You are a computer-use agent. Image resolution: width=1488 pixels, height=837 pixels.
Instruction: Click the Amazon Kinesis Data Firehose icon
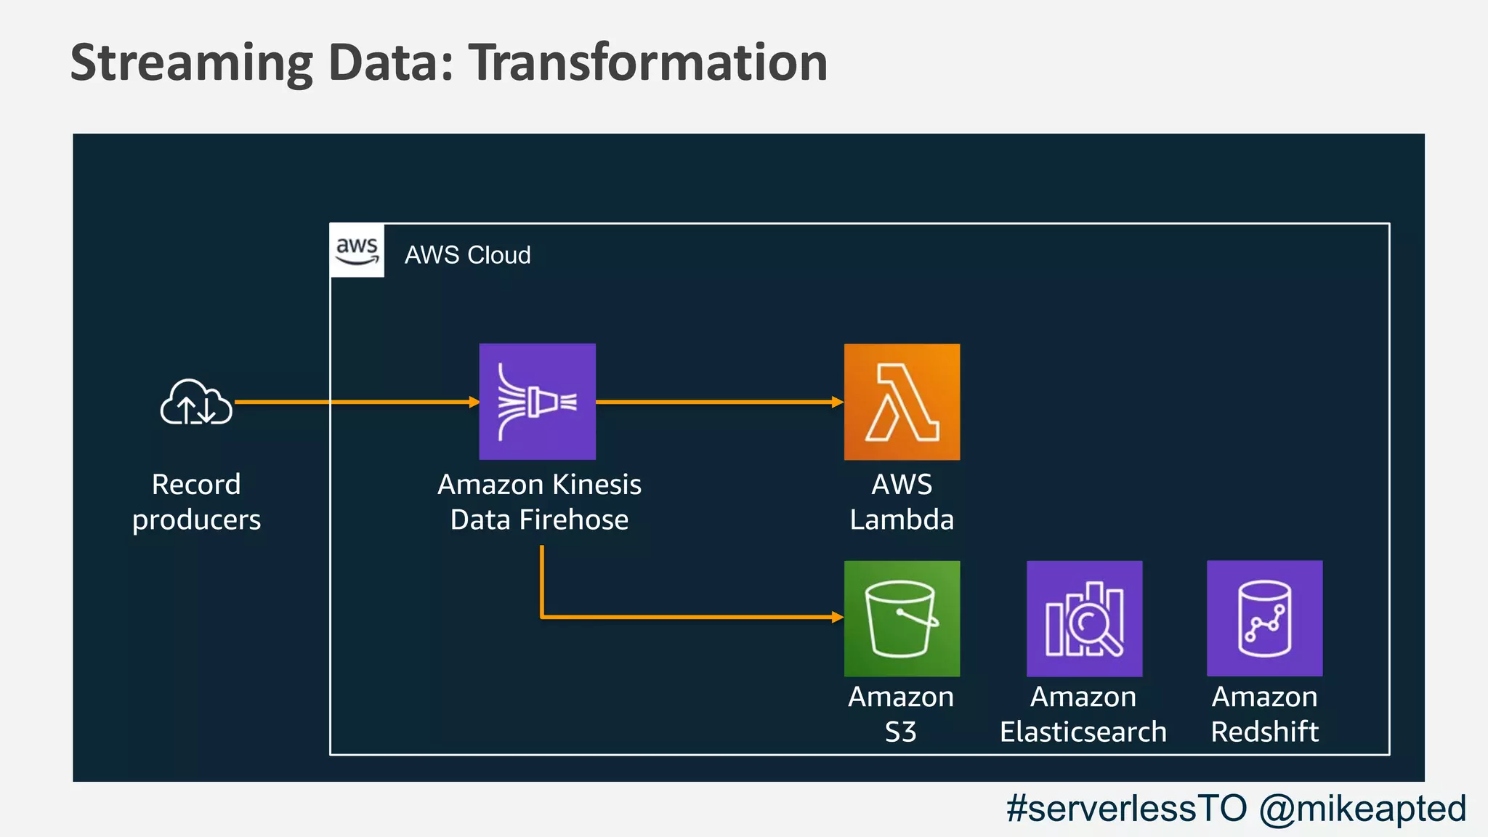[x=537, y=401]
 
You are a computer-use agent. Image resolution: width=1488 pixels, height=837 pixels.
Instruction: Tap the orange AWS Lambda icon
[x=902, y=401]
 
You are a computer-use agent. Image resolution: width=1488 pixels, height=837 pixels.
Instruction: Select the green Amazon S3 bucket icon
[x=902, y=618]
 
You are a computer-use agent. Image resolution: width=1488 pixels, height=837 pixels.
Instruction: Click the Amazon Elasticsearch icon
[x=1084, y=618]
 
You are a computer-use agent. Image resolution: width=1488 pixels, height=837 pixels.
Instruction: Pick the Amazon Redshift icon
[x=1264, y=618]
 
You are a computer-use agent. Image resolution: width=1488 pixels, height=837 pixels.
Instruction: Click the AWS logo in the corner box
[x=357, y=251]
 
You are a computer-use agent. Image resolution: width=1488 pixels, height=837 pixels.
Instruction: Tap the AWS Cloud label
[x=467, y=255]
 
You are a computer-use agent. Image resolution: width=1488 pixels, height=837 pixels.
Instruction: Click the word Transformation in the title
[x=647, y=62]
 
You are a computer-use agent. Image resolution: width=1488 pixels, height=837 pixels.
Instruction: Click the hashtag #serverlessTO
[x=1127, y=808]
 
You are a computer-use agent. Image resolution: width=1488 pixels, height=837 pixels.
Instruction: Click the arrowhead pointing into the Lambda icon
[x=838, y=402]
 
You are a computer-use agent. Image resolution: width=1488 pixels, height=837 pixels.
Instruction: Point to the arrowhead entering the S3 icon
[x=838, y=618]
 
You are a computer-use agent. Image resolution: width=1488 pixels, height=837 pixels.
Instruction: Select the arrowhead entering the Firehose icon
[x=474, y=402]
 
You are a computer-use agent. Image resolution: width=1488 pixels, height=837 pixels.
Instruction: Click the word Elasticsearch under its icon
[x=1083, y=732]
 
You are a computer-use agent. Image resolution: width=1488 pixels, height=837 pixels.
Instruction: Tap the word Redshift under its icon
[x=1264, y=732]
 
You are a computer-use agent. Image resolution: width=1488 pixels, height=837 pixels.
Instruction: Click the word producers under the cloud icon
[x=196, y=520]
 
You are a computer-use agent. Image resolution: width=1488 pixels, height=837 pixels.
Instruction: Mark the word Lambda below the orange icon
[x=902, y=519]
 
